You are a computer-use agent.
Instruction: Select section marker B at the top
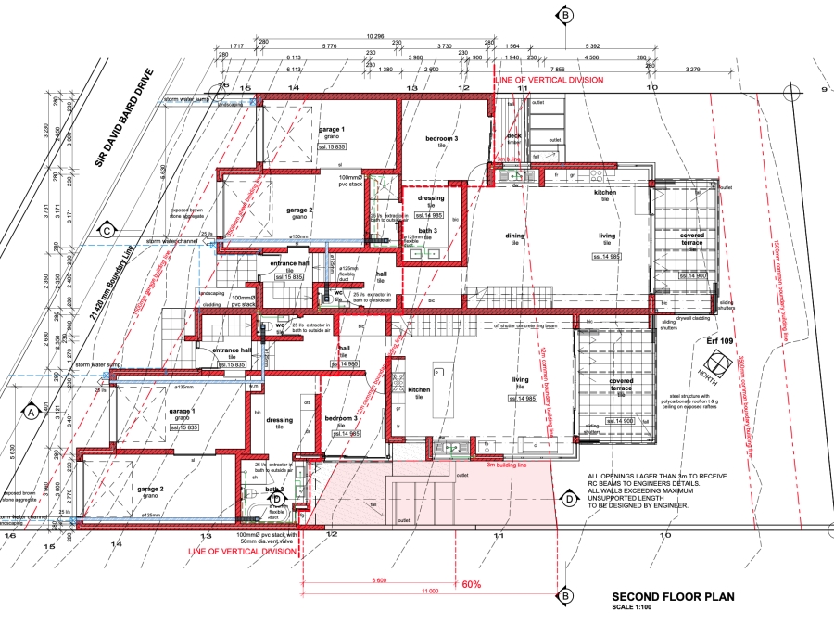click(563, 15)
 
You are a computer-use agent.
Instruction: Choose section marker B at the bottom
click(563, 595)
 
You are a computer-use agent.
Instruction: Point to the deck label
click(513, 135)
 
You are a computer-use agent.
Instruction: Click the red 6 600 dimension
click(379, 579)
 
